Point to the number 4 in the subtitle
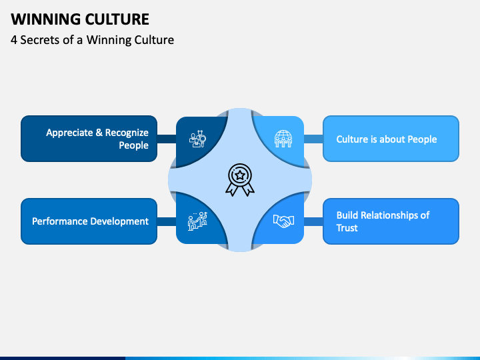coord(15,40)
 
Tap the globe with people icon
coord(283,138)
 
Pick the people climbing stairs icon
coord(197,221)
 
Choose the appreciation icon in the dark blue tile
coord(197,139)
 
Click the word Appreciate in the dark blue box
coord(69,133)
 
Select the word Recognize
coord(127,133)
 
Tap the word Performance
coord(62,221)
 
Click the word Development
coord(121,221)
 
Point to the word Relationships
coord(391,215)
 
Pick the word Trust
coord(347,228)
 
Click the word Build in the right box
coord(348,215)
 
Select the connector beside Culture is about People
coord(313,139)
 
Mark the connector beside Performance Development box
coord(167,221)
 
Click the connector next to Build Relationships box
coord(313,221)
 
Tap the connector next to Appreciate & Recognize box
coord(167,139)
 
